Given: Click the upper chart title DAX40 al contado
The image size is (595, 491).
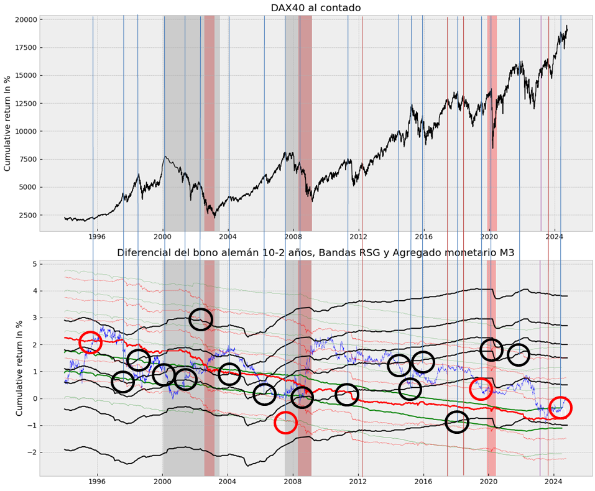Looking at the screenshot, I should [315, 8].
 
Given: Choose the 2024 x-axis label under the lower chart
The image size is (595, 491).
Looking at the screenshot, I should [554, 482].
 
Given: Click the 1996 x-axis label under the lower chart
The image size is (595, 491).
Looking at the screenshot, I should [98, 482].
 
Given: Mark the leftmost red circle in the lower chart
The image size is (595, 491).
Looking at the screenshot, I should [90, 342].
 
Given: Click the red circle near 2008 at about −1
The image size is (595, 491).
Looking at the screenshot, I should [285, 422].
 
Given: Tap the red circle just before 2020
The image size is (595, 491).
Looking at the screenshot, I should [481, 389].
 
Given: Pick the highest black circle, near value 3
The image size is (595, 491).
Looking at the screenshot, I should [200, 319].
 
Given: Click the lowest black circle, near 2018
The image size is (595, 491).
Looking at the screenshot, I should [457, 422].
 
